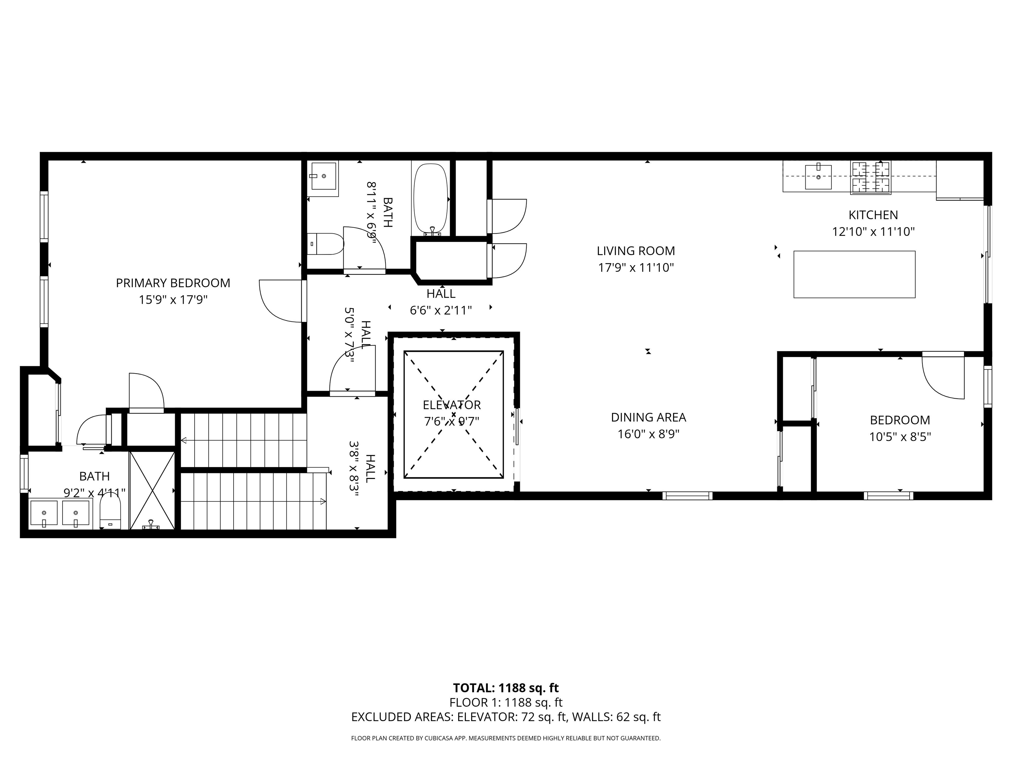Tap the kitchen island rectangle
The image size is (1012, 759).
854,274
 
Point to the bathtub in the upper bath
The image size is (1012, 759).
430,199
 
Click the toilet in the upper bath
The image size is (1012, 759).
326,244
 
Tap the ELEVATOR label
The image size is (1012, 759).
452,405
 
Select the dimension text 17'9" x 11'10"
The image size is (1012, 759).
636,267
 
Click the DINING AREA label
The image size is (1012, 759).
648,417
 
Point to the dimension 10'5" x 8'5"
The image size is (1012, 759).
900,437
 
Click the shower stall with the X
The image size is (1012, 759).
152,490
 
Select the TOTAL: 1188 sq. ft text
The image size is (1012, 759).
506,688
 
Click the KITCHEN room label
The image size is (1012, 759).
873,215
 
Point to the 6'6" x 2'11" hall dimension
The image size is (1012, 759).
440,311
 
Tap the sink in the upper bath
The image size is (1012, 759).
324,175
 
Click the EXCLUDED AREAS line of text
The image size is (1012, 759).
506,717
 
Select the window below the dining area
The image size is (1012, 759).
687,495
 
